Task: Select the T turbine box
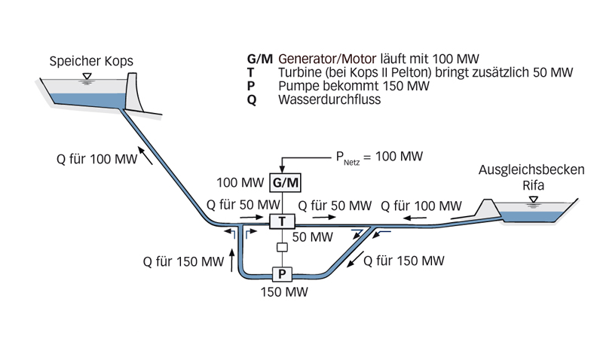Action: tap(281, 221)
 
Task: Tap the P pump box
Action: tap(281, 274)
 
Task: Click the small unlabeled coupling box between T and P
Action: tap(281, 248)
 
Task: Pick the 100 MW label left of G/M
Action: tap(240, 183)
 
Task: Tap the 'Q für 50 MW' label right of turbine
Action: tap(335, 206)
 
